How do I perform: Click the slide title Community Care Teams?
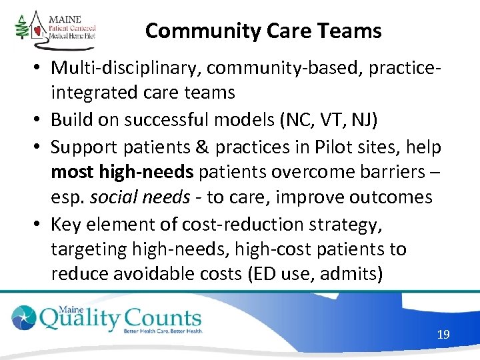coord(263,31)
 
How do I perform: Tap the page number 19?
coord(443,334)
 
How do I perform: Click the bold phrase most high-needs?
coord(122,171)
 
